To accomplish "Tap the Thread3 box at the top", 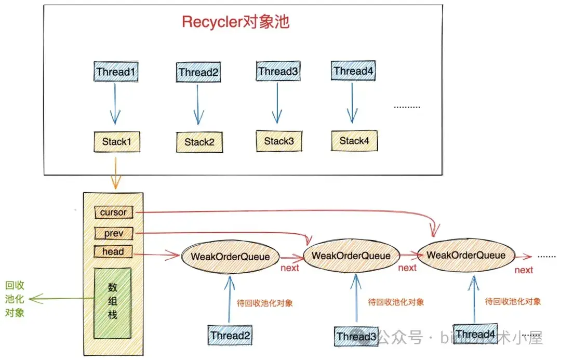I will [278, 71].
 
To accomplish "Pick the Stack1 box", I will [116, 141].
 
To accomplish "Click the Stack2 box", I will [199, 142].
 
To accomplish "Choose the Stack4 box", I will [354, 141].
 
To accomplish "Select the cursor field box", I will [113, 212].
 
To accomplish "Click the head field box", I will [113, 252].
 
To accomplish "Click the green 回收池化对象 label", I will [15, 299].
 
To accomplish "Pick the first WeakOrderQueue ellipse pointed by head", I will [230, 256].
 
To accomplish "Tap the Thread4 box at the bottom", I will [475, 334].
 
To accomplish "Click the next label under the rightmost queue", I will [524, 270].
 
